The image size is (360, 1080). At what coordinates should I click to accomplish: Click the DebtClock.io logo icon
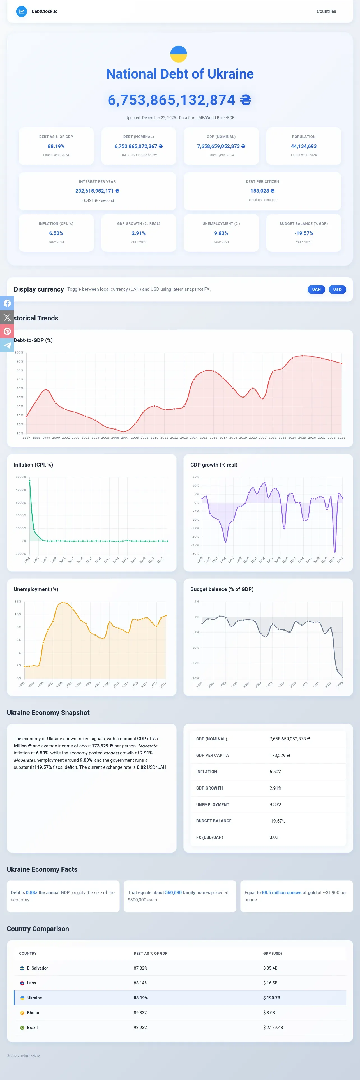21,11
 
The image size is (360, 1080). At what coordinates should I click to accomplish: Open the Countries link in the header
326,11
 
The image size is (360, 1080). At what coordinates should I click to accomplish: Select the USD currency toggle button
337,289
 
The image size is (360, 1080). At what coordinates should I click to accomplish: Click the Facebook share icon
7,303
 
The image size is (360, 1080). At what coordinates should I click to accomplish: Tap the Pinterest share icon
7,331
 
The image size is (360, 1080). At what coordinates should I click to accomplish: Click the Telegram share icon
7,345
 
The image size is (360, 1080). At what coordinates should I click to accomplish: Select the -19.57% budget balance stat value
304,233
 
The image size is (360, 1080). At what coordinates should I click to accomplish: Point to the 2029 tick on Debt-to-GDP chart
341,437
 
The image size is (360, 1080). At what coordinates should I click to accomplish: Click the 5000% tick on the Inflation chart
21,477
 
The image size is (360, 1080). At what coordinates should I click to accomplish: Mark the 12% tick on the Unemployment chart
18,601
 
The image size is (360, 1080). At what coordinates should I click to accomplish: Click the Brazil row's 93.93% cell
140,1027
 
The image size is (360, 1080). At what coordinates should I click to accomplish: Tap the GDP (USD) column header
273,953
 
